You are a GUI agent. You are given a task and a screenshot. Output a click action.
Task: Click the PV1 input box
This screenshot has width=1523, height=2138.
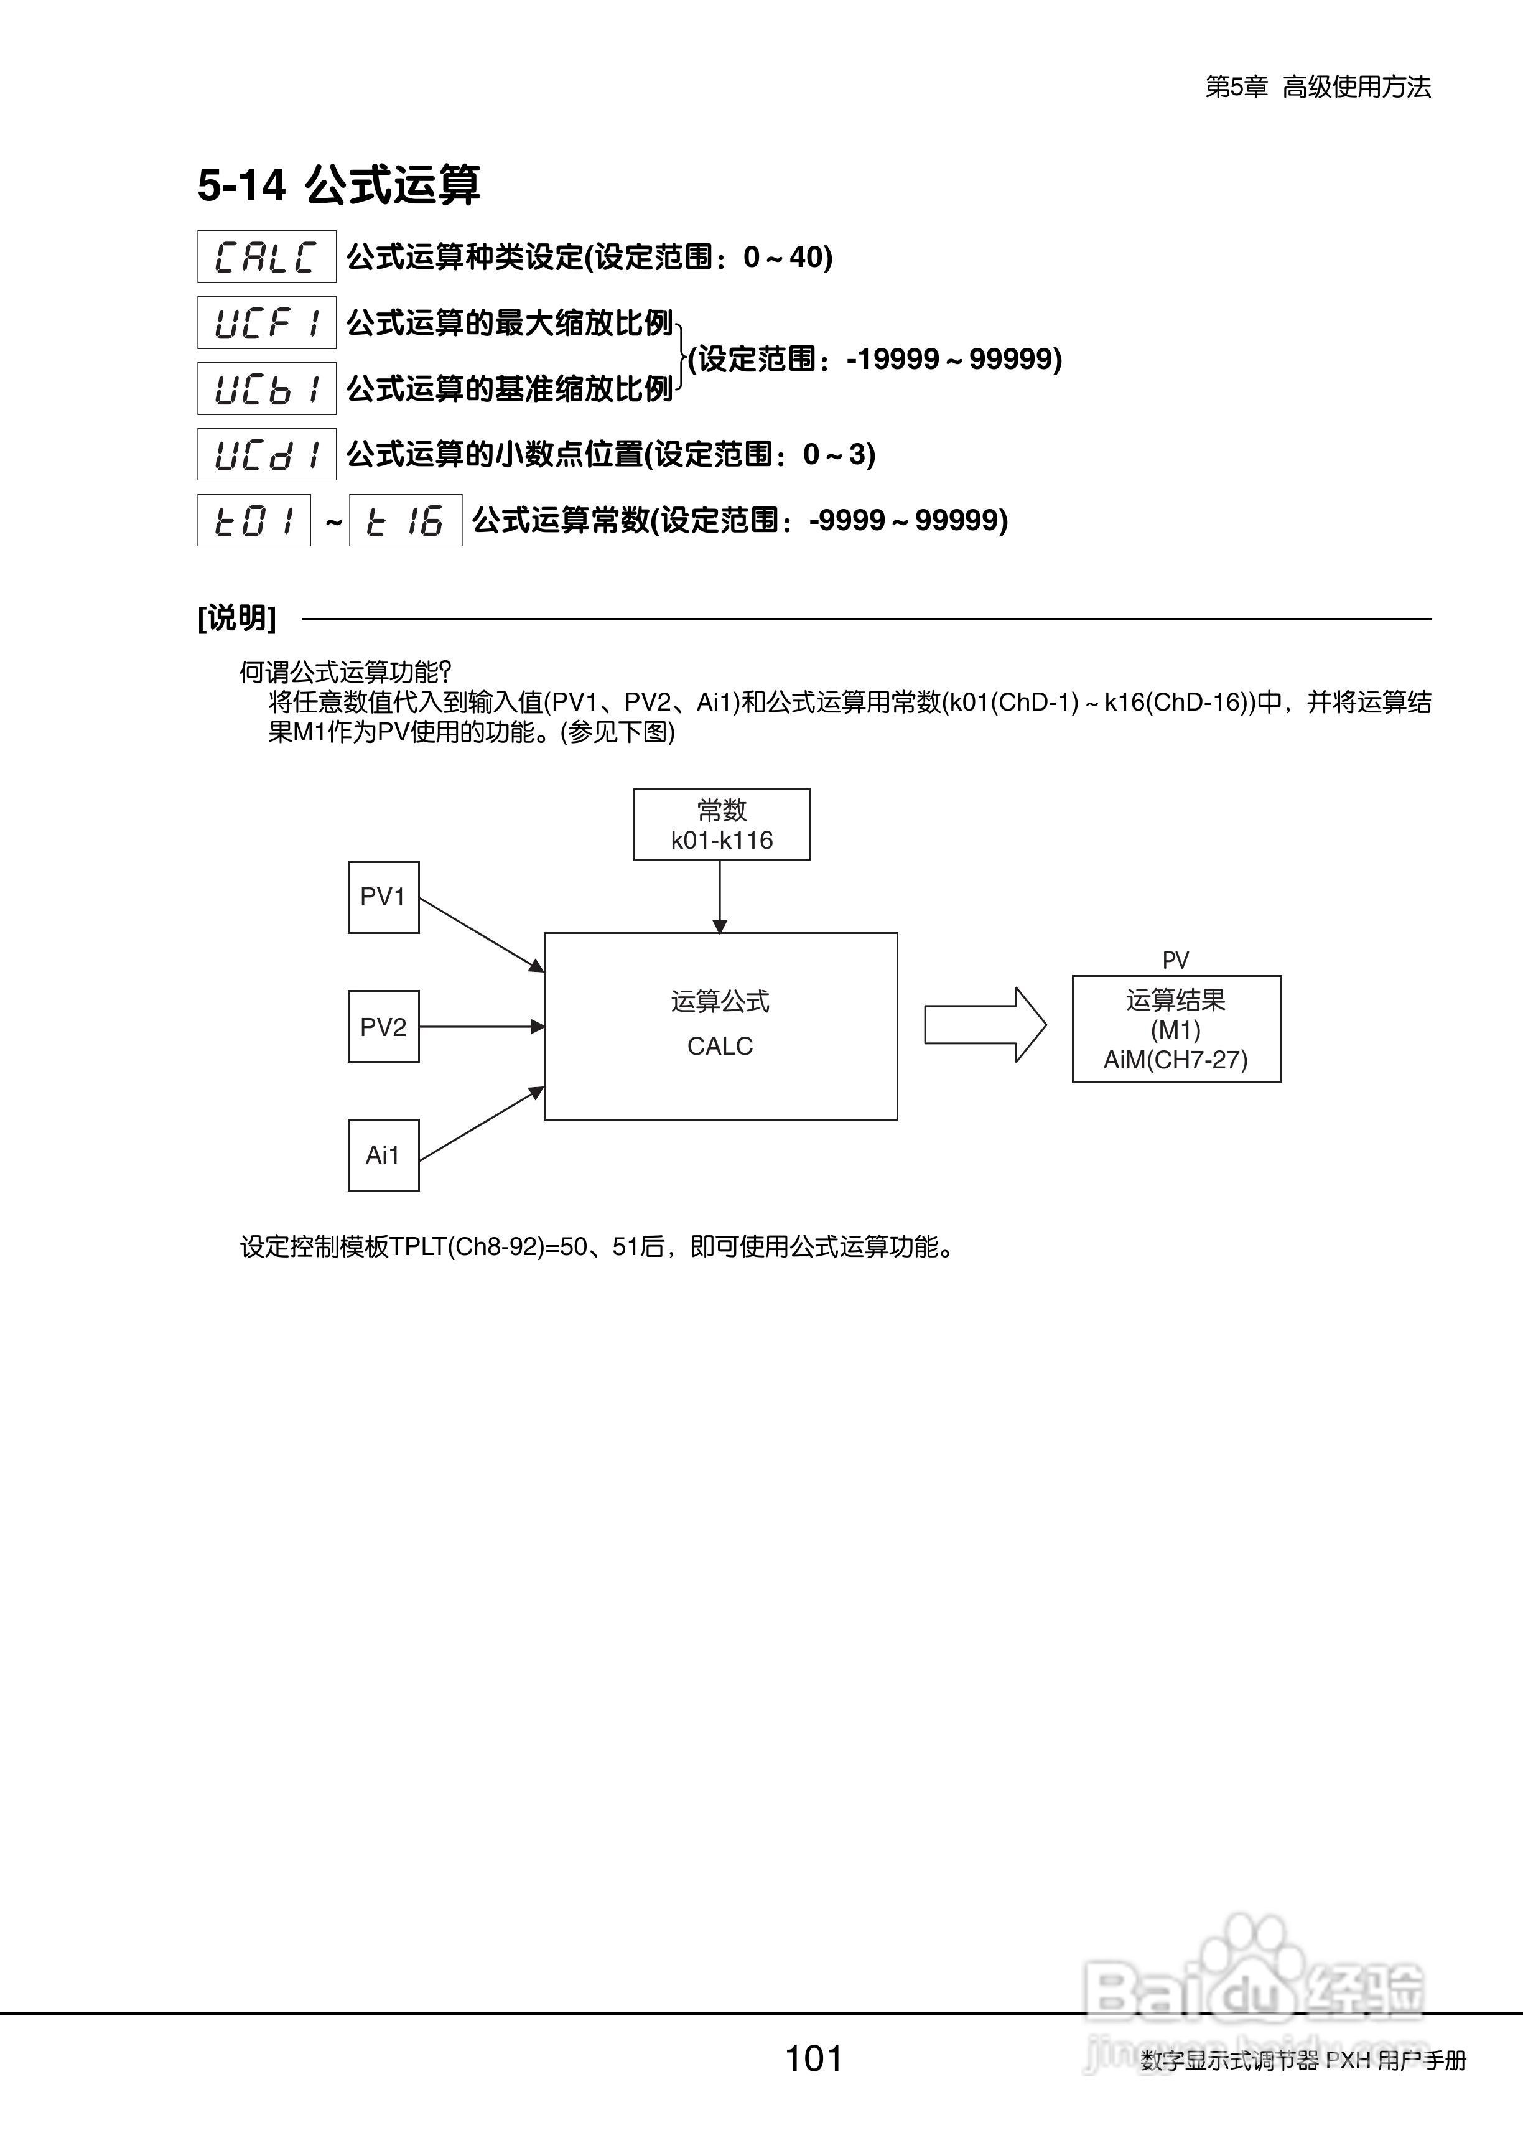click(384, 897)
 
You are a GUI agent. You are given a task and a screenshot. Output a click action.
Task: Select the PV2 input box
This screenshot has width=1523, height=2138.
click(384, 1027)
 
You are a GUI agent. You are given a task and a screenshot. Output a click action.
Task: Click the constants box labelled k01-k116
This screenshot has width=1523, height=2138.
click(721, 824)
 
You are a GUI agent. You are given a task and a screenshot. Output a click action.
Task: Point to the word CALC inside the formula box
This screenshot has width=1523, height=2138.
click(720, 1045)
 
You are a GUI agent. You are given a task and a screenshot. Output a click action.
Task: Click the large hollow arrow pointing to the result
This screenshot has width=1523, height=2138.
click(985, 1025)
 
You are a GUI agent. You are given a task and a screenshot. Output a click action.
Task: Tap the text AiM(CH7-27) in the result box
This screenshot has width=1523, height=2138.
click(1175, 1060)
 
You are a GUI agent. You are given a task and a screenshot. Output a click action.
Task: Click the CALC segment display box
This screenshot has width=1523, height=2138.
click(266, 256)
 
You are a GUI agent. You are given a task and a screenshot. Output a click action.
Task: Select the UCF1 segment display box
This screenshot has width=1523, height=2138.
click(266, 322)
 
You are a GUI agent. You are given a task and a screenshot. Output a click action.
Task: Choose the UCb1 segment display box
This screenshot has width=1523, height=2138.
click(266, 388)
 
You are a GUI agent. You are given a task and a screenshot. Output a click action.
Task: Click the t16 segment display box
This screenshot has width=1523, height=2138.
click(405, 520)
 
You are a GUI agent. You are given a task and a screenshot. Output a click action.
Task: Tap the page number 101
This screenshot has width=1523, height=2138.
click(813, 2058)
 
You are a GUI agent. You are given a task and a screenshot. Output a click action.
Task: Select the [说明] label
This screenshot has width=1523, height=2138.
click(237, 618)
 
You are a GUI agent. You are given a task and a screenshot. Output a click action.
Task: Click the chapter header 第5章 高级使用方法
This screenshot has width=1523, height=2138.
click(1318, 87)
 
